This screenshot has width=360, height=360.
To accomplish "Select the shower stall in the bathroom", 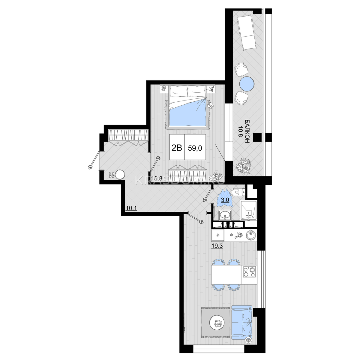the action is click(248, 210).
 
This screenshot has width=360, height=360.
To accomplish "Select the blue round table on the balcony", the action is click(247, 84).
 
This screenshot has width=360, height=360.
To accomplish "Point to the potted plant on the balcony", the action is click(243, 166).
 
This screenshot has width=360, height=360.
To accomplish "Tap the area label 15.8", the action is click(157, 178).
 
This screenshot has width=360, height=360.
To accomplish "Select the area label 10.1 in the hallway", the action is click(131, 208).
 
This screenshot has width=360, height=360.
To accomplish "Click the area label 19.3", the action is click(217, 246).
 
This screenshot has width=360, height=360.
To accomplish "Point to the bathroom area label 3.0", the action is click(225, 200).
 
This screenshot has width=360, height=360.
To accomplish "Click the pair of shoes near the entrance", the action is click(112, 175).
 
